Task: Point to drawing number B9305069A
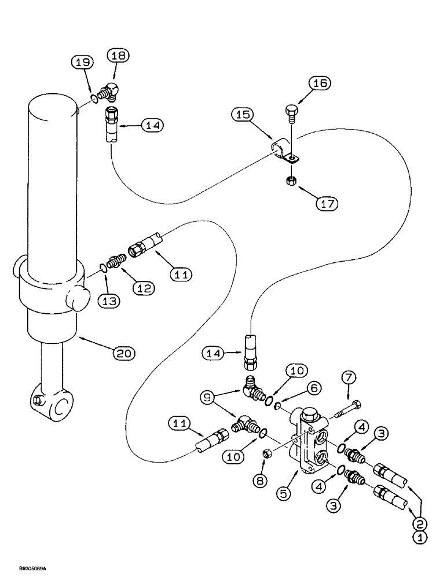click(27, 570)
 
